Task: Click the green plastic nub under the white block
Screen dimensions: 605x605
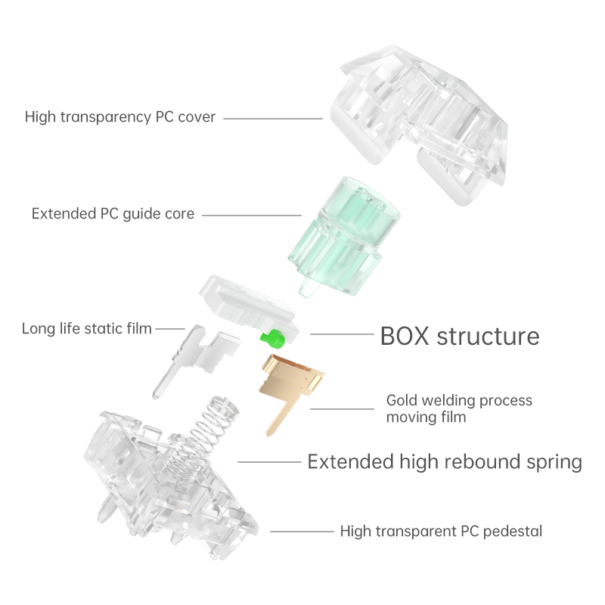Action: (270, 337)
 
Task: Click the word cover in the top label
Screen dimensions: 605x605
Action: (197, 117)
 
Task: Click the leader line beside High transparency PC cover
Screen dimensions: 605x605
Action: (272, 118)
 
